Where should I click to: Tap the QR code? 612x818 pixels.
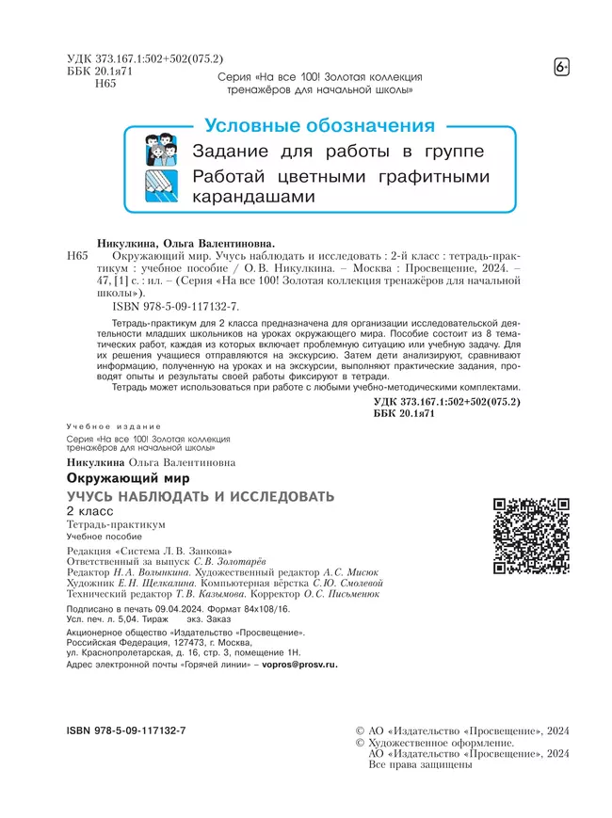tap(531, 536)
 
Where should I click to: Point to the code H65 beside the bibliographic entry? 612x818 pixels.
tap(78, 255)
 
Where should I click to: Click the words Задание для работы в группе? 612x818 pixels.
tap(339, 152)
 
